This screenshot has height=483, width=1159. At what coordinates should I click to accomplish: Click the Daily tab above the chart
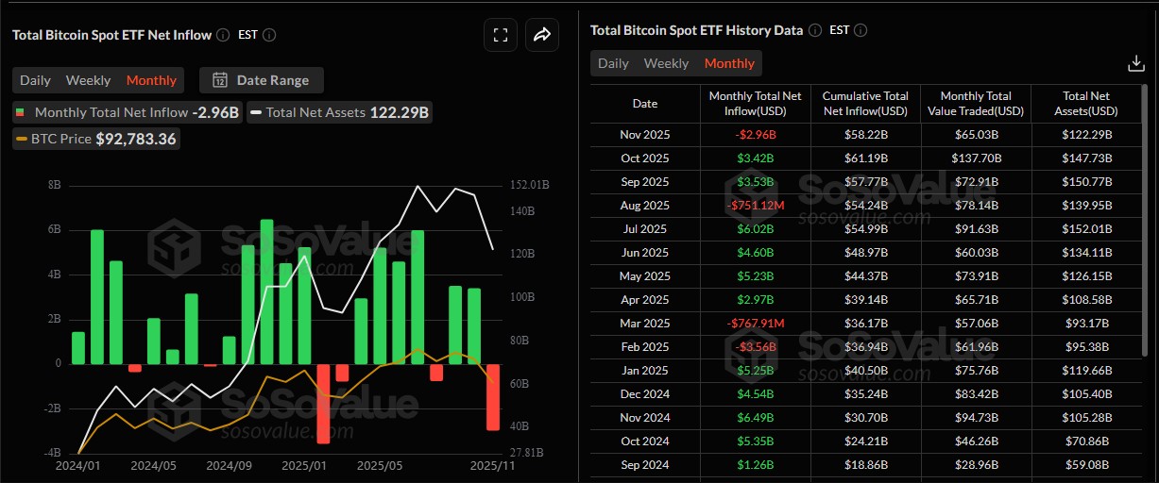pos(36,80)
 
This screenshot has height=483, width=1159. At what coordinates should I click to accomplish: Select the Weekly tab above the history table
pos(666,63)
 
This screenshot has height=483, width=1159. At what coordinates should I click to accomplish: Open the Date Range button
pos(266,80)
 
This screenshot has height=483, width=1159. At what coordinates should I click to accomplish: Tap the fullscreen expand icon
pos(501,35)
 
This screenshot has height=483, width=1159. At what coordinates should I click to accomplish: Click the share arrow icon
pos(542,35)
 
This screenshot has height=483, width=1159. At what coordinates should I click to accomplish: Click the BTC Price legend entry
pos(95,139)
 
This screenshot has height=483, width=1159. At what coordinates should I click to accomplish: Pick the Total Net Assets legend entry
pos(339,112)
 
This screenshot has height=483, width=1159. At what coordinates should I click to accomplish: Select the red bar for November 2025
pos(493,396)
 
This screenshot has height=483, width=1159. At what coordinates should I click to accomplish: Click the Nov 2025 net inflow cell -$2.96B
pos(755,135)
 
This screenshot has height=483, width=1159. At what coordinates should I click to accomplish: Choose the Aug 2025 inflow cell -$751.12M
pos(755,206)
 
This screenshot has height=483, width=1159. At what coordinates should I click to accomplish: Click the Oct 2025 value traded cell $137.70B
pos(976,158)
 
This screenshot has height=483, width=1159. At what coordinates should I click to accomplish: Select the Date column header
pos(645,104)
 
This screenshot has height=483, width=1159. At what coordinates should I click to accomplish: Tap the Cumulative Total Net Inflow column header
pos(865,104)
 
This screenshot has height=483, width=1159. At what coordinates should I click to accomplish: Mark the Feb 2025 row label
pos(645,347)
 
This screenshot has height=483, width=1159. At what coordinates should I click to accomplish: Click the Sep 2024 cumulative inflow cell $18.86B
pos(865,465)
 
